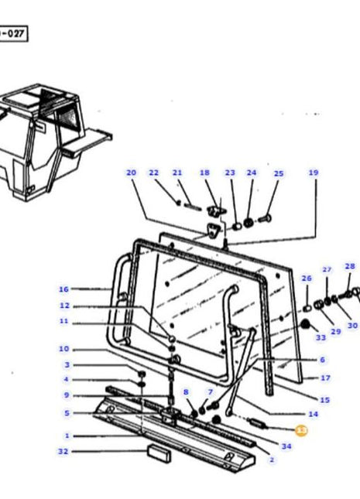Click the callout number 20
(131, 173)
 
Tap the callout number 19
(314, 173)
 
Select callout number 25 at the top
(279, 173)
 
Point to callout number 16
(63, 289)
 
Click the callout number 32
(63, 451)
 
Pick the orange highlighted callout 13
(302, 429)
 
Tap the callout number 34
(286, 446)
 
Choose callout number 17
(325, 378)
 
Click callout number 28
(350, 266)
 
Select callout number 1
(67, 436)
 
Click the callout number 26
(307, 279)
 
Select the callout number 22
(153, 173)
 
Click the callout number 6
(322, 360)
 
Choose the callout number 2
(272, 460)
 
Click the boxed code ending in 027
(13, 35)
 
